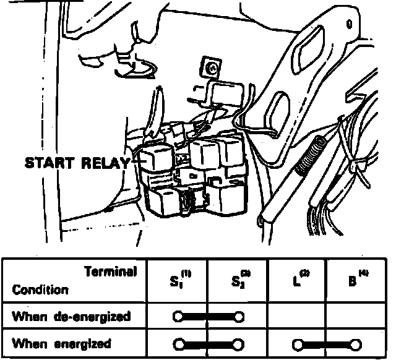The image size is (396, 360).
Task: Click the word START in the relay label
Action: pyautogui.click(x=51, y=163)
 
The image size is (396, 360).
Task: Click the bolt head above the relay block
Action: pyautogui.click(x=212, y=66)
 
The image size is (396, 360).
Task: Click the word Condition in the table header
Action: pyautogui.click(x=40, y=289)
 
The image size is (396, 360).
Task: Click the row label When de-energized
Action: pyautogui.click(x=71, y=317)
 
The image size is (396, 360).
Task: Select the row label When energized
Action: pyautogui.click(x=62, y=343)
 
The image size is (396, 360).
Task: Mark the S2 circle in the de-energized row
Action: pyautogui.click(x=239, y=317)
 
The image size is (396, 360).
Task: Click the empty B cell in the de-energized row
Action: pyautogui.click(x=356, y=317)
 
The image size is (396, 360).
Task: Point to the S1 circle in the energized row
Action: pyautogui.click(x=179, y=344)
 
